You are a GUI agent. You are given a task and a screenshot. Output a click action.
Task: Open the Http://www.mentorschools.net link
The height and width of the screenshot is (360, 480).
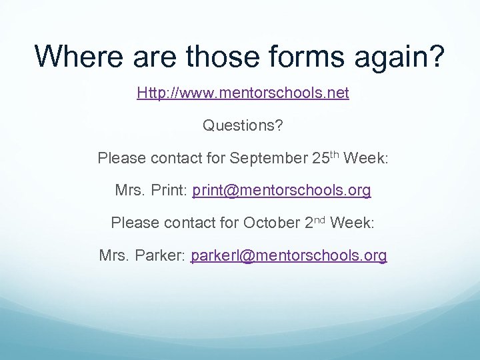[x=243, y=93]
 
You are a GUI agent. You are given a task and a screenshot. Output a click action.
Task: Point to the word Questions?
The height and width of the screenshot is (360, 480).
[x=243, y=125]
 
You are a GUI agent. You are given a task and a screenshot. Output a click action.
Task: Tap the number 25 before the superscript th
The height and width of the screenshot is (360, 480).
[x=319, y=159]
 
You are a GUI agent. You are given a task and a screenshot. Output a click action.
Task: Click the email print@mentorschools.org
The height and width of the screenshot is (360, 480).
[x=281, y=191]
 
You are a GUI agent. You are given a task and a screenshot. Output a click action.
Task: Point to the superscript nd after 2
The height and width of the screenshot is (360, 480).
[x=319, y=219]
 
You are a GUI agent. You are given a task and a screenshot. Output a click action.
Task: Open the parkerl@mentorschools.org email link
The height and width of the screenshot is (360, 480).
[x=288, y=255]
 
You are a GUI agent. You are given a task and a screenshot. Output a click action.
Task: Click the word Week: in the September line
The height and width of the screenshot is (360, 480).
[x=365, y=159]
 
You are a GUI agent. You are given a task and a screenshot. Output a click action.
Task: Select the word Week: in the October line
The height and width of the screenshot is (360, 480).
[x=351, y=223]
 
